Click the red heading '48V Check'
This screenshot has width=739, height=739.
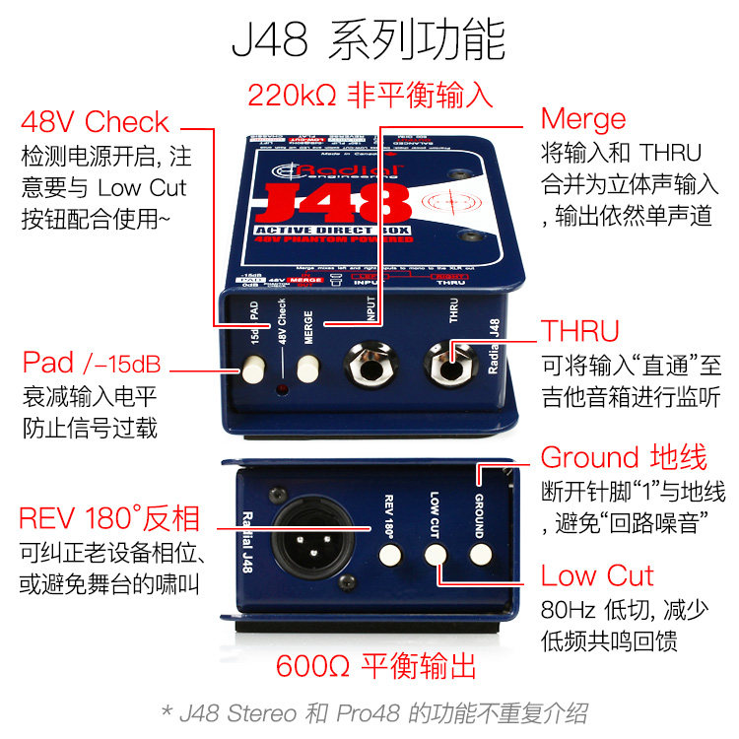tap(95, 123)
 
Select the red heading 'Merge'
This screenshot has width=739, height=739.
tap(583, 119)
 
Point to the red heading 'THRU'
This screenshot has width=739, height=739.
tap(580, 331)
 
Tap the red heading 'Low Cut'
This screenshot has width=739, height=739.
tap(597, 575)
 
